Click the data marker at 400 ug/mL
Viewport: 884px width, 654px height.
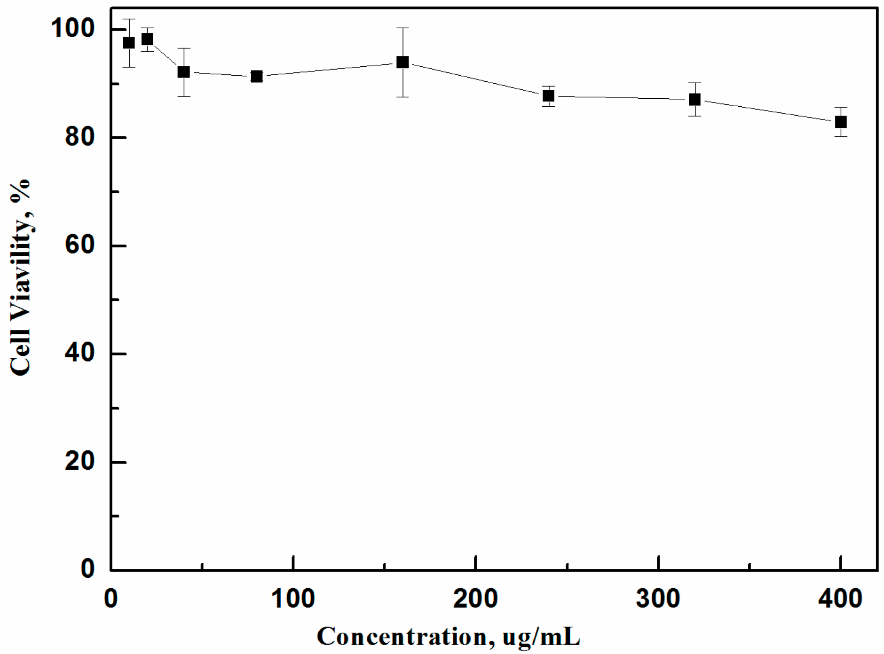[840, 122]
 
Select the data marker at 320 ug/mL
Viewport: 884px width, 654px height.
[695, 100]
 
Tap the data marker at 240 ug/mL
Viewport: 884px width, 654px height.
[548, 96]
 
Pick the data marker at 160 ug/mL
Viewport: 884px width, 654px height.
[403, 62]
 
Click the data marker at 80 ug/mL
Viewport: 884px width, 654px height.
[256, 77]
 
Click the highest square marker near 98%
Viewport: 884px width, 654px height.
[147, 39]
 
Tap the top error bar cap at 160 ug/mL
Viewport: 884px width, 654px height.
[403, 28]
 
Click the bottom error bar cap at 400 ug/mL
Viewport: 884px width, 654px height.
[840, 136]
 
